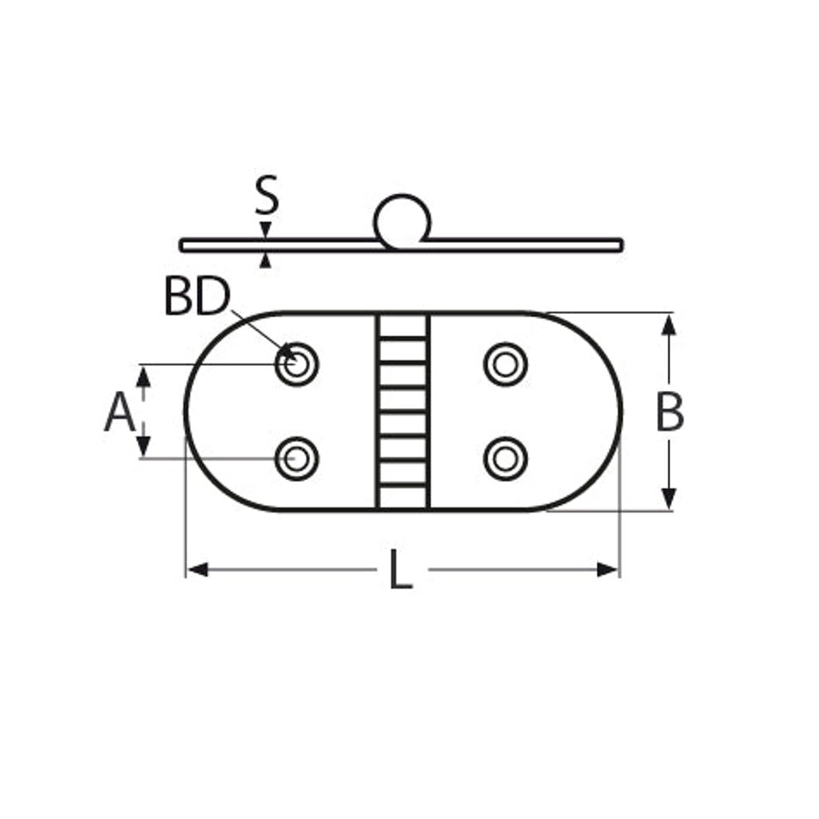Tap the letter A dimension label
click(x=120, y=412)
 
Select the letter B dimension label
click(x=669, y=412)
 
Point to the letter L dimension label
click(x=401, y=569)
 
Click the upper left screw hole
click(x=297, y=364)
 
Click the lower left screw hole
click(x=297, y=459)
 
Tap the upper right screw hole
click(x=505, y=364)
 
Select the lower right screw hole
click(x=505, y=459)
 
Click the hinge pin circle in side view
click(x=402, y=221)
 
